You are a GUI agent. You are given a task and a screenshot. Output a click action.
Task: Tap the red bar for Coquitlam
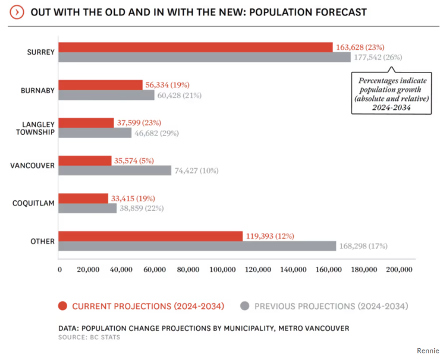point(83,198)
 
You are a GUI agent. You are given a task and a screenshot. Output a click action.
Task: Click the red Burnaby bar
point(100,85)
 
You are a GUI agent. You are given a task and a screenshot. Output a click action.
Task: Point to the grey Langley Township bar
point(95,132)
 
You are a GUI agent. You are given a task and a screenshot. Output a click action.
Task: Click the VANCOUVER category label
point(33,165)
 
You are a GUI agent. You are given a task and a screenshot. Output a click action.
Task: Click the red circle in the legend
point(62,306)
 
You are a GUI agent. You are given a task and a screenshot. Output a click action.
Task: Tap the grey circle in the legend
point(244,306)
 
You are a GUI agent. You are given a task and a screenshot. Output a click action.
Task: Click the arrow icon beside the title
point(18,12)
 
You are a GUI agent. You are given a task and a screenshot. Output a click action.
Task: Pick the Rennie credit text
point(428,350)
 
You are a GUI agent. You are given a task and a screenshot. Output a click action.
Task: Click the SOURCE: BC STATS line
point(90,337)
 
